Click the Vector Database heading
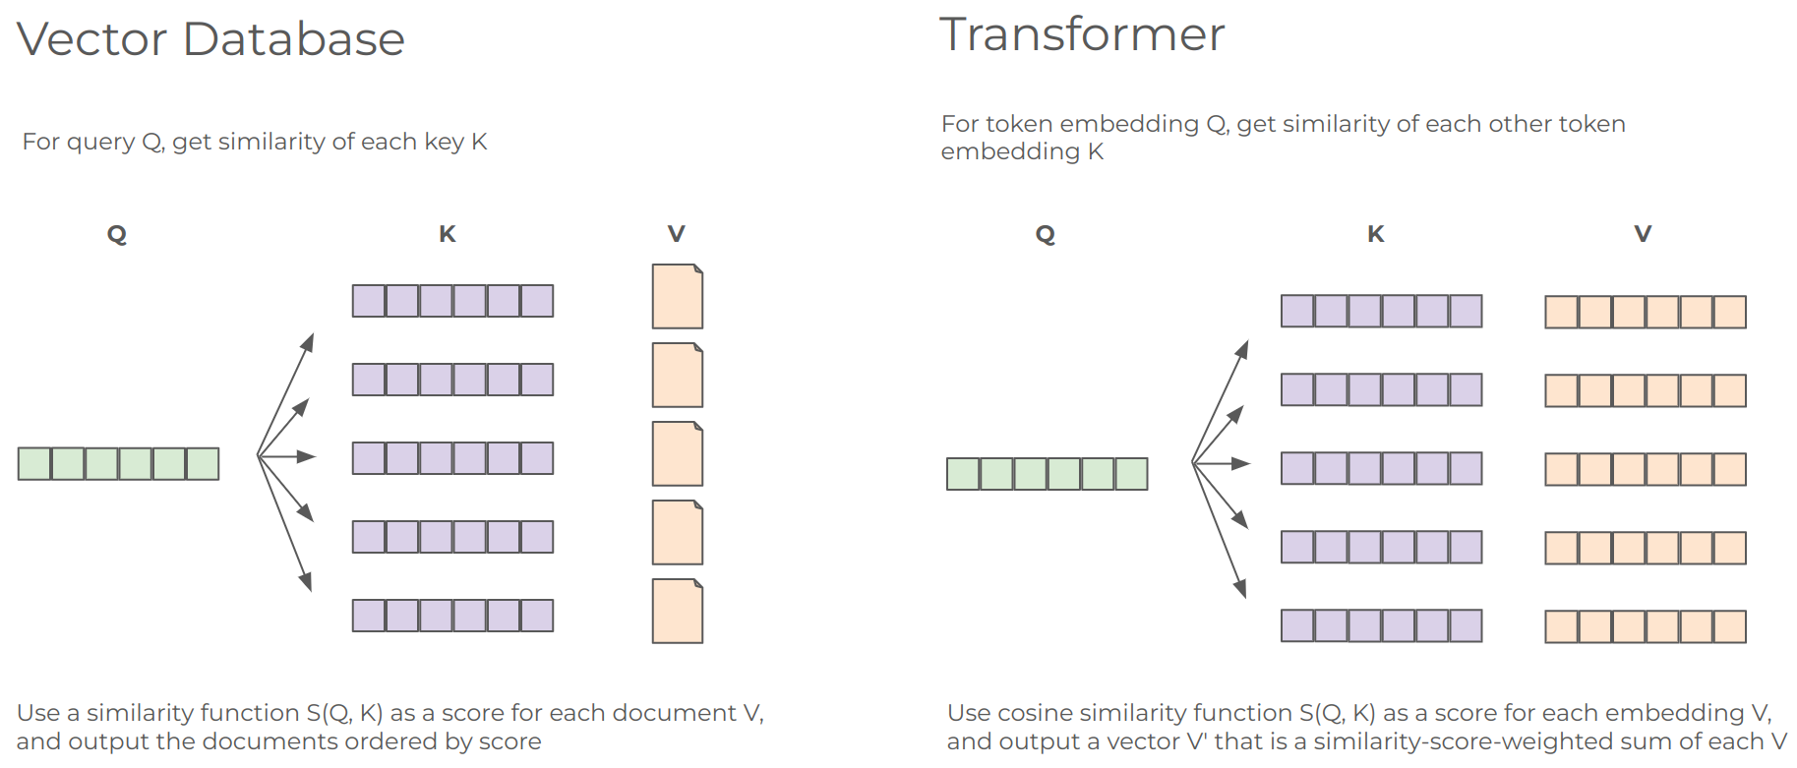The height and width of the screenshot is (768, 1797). click(210, 39)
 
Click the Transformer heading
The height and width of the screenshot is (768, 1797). click(1082, 34)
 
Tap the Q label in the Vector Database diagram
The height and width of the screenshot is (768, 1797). click(117, 234)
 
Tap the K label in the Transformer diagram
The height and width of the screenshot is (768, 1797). click(1376, 234)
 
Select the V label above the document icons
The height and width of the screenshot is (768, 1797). click(676, 234)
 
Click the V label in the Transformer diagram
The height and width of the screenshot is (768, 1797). click(1643, 234)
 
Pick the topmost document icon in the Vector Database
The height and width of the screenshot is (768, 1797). click(677, 296)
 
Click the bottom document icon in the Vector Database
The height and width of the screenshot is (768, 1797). click(677, 611)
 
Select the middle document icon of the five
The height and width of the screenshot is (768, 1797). click(677, 453)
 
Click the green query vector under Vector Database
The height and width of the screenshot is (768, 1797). click(118, 463)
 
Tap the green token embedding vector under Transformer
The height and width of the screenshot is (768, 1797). click(1047, 474)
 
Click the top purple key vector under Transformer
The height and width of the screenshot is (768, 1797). click(1381, 312)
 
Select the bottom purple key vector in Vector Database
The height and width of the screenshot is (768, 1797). click(452, 616)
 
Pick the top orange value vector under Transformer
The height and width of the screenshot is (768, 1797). click(1645, 312)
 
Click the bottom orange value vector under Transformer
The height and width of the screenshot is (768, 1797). click(1645, 626)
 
